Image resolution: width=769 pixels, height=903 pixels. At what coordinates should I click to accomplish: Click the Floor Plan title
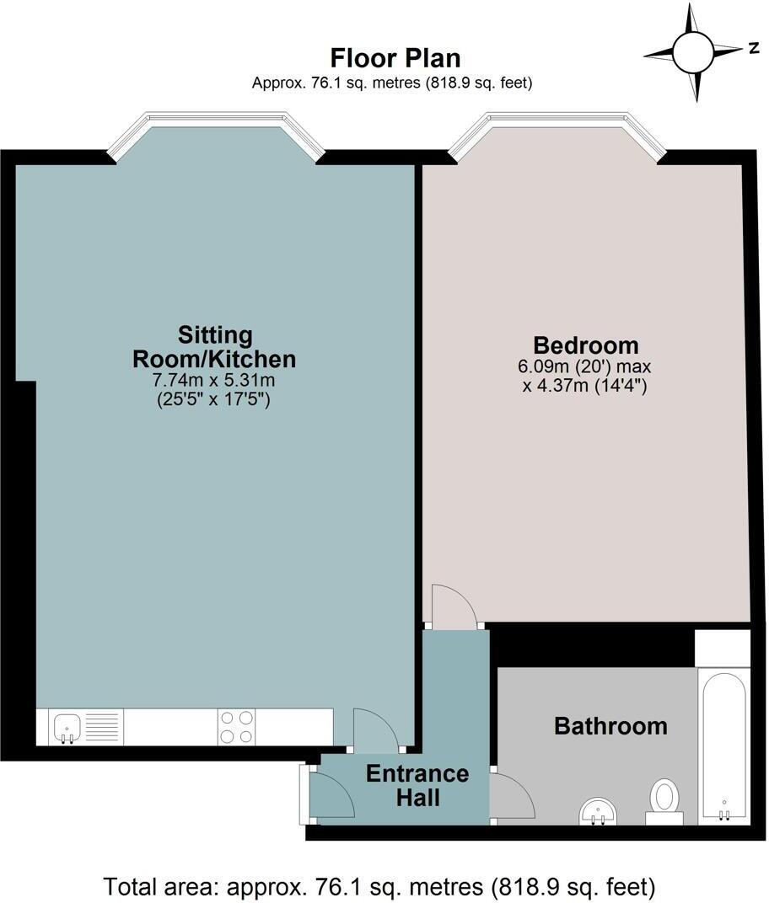395,58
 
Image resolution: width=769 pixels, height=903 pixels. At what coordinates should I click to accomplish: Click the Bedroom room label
585,345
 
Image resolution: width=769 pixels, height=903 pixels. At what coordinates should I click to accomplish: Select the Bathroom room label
610,725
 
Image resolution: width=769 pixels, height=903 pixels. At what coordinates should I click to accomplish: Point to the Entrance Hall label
417,784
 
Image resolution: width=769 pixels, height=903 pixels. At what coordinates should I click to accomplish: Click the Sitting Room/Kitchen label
214,346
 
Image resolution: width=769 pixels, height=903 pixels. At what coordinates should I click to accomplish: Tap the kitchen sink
67,727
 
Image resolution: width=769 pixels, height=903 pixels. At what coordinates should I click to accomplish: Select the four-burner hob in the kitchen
236,727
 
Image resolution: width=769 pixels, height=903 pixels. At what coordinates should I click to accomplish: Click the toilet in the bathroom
664,800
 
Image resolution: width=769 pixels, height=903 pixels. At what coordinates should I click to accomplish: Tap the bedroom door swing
454,606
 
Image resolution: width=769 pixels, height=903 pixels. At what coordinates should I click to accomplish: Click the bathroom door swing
509,795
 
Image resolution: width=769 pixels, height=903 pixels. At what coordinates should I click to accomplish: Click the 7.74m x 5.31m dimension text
214,381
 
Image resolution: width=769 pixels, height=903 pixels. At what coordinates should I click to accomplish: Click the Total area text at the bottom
379,886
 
